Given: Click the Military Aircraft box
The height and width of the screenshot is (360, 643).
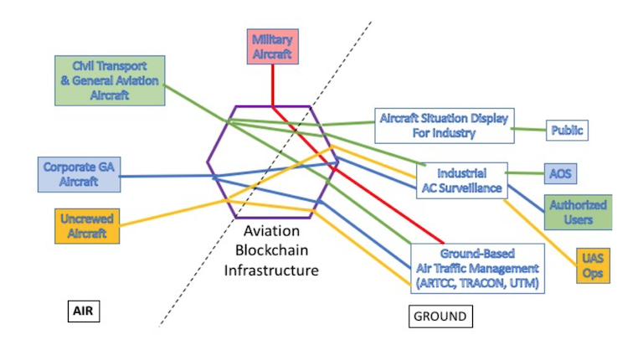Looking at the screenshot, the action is [273, 47].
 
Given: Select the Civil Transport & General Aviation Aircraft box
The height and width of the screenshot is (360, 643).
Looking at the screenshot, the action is [110, 80].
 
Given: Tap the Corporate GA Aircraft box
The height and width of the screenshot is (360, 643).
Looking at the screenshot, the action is [80, 174].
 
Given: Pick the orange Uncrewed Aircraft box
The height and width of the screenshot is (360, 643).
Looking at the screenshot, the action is [87, 226].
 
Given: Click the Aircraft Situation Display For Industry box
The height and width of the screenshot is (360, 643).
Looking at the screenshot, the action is [445, 126].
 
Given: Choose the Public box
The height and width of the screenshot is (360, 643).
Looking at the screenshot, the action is [567, 131].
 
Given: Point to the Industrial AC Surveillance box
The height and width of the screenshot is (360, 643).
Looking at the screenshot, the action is [462, 180].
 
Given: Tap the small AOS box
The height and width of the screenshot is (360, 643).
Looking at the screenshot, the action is [560, 173].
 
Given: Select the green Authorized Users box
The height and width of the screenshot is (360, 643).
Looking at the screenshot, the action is [579, 212].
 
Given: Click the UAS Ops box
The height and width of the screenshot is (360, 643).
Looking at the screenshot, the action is [593, 265].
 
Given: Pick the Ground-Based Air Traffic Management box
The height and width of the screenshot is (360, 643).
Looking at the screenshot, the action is [478, 269].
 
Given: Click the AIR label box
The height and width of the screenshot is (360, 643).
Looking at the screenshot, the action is [84, 311].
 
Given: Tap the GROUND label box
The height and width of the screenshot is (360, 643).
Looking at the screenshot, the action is [441, 316].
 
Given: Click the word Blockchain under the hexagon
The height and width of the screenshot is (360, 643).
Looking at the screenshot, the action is [271, 250].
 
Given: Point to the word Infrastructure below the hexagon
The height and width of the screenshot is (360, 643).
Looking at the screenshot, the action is [271, 270].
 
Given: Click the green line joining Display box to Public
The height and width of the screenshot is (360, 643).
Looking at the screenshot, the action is [529, 130].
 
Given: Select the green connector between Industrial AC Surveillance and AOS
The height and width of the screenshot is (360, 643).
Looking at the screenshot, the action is [525, 173].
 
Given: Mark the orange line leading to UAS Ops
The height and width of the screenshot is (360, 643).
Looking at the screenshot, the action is [541, 233].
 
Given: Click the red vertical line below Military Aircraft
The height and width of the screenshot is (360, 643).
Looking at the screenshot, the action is [273, 85].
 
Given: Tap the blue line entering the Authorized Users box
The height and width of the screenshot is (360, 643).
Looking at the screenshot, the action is [527, 199].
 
